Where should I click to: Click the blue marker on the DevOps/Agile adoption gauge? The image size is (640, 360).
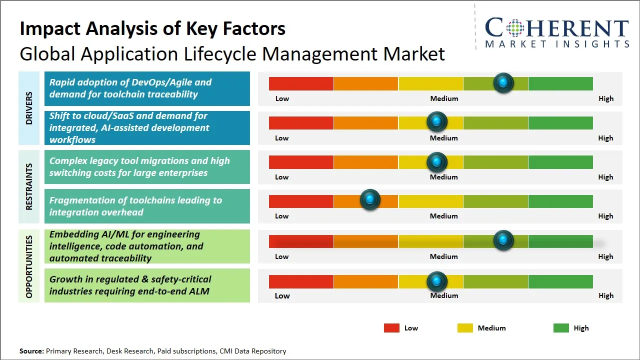(503, 82)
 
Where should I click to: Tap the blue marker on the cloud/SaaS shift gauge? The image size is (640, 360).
(437, 121)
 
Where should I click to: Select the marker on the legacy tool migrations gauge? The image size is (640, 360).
(437, 161)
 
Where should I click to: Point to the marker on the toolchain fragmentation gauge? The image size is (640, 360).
(370, 200)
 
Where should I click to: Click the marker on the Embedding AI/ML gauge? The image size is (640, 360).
(503, 240)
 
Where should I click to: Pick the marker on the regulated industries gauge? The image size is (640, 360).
(437, 281)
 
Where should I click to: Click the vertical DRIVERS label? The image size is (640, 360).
(29, 108)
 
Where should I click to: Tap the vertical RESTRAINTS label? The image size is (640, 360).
(29, 186)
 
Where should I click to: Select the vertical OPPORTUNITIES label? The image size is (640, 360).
(29, 266)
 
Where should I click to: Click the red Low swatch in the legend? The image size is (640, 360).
(391, 328)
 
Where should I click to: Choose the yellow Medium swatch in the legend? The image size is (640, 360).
(465, 328)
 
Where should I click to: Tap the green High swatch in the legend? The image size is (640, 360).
(561, 328)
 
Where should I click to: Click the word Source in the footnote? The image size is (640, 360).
(31, 351)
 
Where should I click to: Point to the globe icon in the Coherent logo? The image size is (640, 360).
(515, 28)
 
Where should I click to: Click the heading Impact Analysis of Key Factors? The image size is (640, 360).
(152, 28)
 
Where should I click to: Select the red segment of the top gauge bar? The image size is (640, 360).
(301, 83)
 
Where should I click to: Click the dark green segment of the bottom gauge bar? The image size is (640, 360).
(560, 281)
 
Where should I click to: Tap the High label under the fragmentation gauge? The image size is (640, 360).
(605, 216)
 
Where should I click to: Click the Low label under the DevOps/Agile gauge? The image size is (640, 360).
(282, 98)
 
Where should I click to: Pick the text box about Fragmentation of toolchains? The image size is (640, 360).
(147, 206)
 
